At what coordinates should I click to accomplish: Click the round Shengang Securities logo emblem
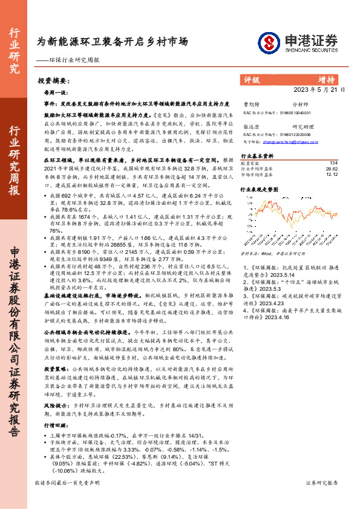pos(268,42)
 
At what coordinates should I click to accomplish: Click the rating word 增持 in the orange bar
pos(327,80)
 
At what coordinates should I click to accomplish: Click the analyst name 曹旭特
pos(251,105)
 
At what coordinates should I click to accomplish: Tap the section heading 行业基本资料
pos(257,155)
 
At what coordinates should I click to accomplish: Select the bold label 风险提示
pos(56,423)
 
